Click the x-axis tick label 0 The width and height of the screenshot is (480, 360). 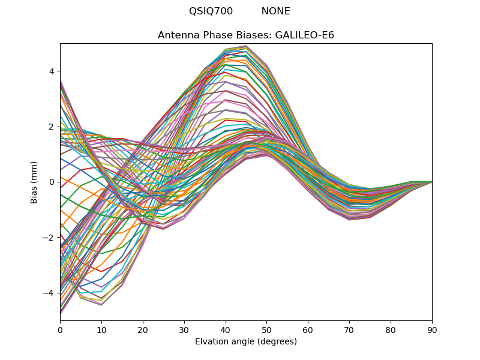click(x=60, y=329)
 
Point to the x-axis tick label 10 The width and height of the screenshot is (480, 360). click(x=101, y=329)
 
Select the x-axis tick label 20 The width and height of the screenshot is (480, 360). click(x=143, y=329)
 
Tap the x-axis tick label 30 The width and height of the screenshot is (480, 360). click(x=184, y=329)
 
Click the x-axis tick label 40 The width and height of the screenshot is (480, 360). click(x=226, y=329)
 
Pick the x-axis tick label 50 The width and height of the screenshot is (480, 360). click(x=266, y=329)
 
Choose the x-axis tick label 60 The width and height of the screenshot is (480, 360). click(x=308, y=329)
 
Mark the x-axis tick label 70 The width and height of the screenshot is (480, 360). click(x=349, y=329)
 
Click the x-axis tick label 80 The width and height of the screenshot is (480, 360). click(x=391, y=329)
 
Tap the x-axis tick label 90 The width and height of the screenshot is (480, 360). click(x=432, y=329)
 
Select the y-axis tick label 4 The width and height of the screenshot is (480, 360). click(x=52, y=71)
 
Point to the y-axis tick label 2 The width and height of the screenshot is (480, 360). click(x=52, y=127)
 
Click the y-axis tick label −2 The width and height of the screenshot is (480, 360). click(x=50, y=238)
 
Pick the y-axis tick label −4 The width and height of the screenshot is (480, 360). click(x=50, y=293)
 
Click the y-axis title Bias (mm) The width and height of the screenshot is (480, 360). click(x=34, y=182)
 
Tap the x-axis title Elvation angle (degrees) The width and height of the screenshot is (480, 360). click(x=246, y=341)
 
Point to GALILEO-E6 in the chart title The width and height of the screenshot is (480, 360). click(x=304, y=35)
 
